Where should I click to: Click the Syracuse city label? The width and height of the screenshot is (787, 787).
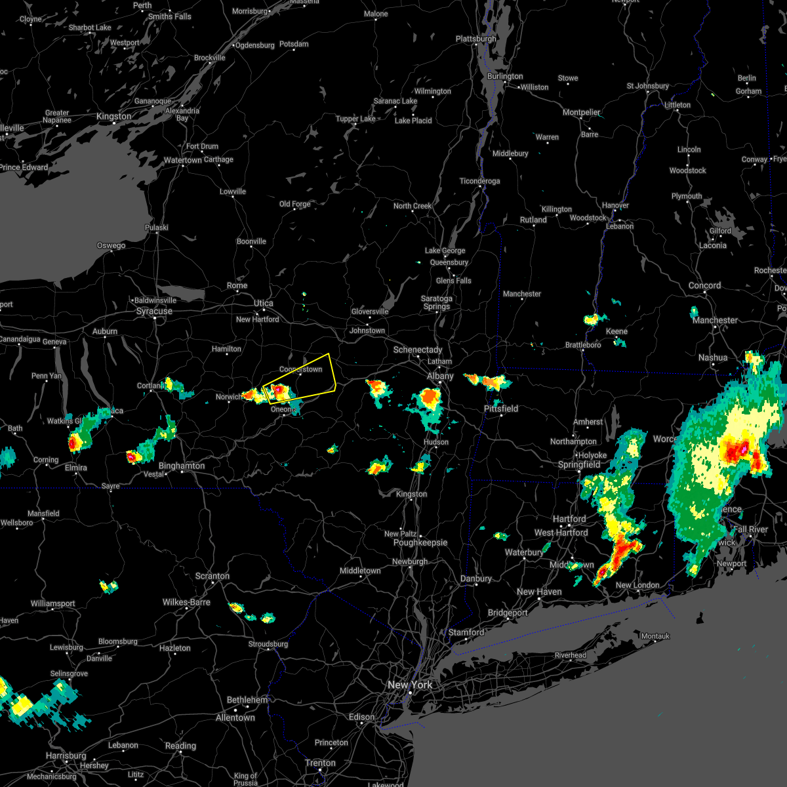click(x=154, y=311)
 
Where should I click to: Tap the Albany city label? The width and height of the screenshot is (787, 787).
click(x=440, y=376)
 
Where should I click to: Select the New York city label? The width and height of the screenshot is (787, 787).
click(x=410, y=685)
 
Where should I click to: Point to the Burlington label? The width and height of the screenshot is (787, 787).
click(x=505, y=76)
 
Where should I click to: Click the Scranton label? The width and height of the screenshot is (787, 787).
click(x=212, y=576)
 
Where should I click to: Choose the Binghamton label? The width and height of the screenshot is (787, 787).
click(x=182, y=466)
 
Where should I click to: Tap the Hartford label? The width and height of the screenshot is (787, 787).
click(x=569, y=519)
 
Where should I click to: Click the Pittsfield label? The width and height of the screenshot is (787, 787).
click(x=501, y=409)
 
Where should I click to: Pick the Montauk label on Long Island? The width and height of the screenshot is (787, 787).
click(x=655, y=636)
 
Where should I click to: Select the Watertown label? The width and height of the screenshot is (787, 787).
click(x=183, y=160)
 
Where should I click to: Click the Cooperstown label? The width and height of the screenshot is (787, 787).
click(x=301, y=369)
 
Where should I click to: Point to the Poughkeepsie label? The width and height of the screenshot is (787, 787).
click(x=420, y=542)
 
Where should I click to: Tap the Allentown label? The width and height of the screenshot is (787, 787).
click(x=235, y=717)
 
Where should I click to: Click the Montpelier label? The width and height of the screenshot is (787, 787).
click(x=582, y=112)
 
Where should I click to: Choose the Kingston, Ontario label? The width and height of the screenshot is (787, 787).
click(x=113, y=116)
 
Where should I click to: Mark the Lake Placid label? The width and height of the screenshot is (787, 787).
click(x=413, y=121)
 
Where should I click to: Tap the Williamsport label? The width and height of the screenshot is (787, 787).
click(x=53, y=603)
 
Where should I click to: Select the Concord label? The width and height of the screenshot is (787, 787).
click(x=704, y=285)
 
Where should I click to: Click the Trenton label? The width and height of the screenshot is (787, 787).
click(x=320, y=763)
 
